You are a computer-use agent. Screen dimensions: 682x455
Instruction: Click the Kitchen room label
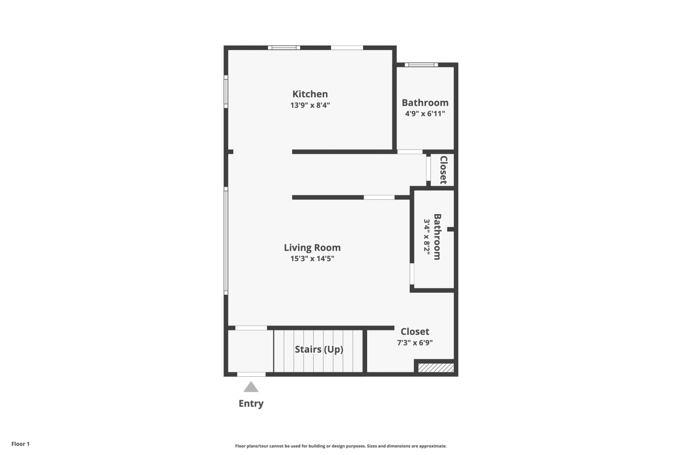tap(310, 94)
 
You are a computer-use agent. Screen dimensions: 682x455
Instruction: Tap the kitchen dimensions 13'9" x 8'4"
tap(310, 105)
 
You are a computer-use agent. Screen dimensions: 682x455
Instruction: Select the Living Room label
tap(312, 248)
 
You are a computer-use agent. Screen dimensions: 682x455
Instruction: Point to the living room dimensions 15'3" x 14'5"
tap(312, 259)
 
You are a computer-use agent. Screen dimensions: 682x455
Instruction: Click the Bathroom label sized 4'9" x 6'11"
tap(425, 103)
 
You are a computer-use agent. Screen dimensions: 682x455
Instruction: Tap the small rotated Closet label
tap(444, 170)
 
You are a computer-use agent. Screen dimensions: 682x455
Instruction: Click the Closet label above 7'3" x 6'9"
tap(415, 331)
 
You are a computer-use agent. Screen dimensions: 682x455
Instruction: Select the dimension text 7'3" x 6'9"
tap(415, 343)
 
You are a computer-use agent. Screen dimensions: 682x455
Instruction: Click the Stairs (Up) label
tap(319, 349)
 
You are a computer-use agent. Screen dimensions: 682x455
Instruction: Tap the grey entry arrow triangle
tap(251, 387)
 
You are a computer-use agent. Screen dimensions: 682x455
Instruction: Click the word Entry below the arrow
tap(251, 404)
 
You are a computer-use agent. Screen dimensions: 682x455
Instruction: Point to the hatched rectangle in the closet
tap(436, 368)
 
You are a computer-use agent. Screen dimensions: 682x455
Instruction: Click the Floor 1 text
tap(20, 444)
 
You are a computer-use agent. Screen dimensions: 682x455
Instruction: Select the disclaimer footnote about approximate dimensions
tap(341, 446)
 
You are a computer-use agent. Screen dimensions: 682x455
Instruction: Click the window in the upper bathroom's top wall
tap(421, 64)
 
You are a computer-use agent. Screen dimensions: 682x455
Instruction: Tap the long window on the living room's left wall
tap(226, 241)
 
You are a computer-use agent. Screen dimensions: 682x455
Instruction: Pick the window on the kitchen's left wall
tap(226, 92)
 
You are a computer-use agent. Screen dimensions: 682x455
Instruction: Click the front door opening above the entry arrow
tap(251, 374)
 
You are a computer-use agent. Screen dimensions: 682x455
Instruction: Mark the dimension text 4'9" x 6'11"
tap(425, 114)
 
